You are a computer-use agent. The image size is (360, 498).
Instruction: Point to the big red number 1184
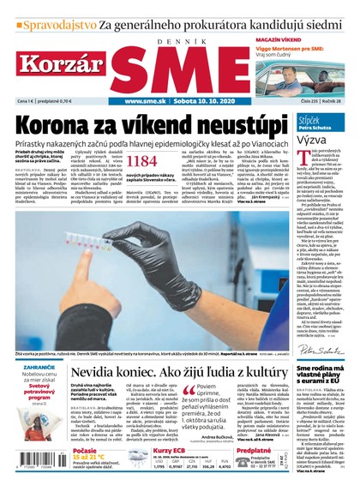pyautogui.click(x=142, y=160)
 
